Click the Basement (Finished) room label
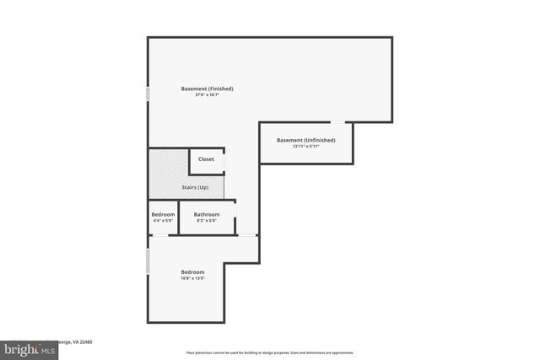207,89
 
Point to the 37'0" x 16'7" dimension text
207,95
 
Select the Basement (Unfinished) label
306,140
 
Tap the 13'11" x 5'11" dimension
306,147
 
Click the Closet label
206,159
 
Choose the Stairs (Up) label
195,187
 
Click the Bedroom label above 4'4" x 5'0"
163,214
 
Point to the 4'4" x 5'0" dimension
163,221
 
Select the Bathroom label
207,214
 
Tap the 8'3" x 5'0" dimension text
207,221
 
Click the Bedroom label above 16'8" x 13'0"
192,271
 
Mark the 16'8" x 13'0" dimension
192,278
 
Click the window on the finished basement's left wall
148,94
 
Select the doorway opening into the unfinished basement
336,124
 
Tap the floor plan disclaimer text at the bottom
270,352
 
